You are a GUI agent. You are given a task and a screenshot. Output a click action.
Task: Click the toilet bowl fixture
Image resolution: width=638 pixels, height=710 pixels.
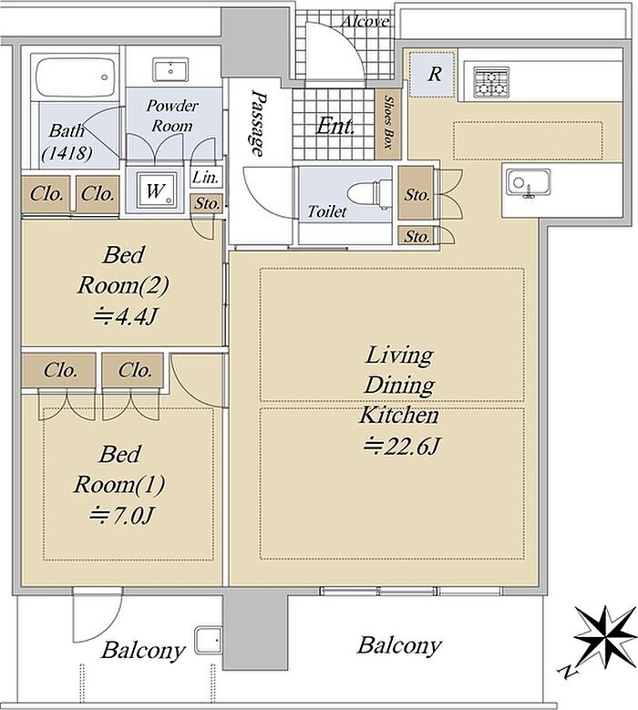[x=369, y=194]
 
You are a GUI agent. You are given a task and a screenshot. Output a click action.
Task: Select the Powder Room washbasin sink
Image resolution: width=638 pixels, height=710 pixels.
[x=170, y=70]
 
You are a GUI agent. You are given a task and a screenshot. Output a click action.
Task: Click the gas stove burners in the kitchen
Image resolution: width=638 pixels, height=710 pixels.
[x=491, y=82]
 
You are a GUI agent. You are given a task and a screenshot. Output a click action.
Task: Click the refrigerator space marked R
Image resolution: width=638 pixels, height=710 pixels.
[x=431, y=74]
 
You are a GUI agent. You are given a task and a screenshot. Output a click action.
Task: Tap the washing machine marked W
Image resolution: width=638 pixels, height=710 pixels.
[x=155, y=190]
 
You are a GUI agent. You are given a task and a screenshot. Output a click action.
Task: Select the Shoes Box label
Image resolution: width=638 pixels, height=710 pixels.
[x=388, y=122]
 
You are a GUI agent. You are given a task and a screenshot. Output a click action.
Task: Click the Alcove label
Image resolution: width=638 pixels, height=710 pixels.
[x=365, y=21]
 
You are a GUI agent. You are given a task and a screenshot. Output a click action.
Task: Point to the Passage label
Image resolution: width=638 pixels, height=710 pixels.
[x=258, y=123]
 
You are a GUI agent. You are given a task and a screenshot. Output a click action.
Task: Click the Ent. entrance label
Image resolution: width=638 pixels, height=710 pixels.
[x=334, y=126]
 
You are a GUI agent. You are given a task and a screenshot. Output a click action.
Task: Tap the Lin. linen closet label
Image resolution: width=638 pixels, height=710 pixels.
[x=206, y=178]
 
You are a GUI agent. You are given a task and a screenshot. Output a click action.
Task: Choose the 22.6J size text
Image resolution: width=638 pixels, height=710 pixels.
[x=402, y=447]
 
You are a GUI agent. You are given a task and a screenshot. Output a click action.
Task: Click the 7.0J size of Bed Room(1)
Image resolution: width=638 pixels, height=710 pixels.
[x=121, y=515]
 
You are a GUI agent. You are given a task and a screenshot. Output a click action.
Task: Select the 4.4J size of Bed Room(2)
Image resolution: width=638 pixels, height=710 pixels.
[x=125, y=316]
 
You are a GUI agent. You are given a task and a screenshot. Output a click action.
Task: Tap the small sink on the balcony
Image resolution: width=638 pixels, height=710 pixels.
[x=208, y=641]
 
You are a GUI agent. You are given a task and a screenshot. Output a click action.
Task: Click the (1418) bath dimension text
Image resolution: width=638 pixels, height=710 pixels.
[x=67, y=154]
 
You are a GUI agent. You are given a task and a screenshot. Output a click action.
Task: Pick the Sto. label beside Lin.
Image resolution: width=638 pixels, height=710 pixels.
[x=207, y=204]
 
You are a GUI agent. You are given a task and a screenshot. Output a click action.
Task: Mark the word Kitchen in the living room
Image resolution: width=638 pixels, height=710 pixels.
[x=399, y=415]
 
